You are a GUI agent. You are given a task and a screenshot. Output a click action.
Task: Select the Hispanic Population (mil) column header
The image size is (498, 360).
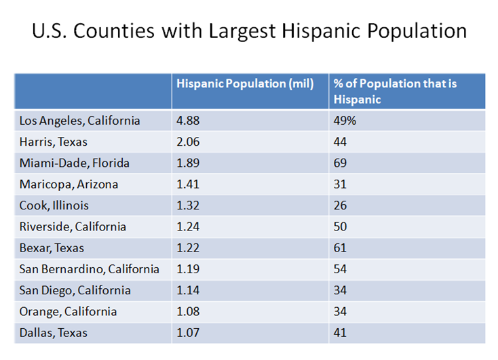coord(245,84)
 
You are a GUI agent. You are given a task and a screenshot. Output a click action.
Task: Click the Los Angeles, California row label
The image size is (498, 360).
coord(79,121)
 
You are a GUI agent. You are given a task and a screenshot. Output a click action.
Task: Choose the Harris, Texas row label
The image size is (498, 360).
coord(54,142)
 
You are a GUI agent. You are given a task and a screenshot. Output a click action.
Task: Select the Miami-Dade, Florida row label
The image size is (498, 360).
coord(75,163)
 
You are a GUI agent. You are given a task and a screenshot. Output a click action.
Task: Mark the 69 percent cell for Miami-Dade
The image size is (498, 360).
coord(340,163)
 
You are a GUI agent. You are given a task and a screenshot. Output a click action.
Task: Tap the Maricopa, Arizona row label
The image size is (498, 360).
coord(69,184)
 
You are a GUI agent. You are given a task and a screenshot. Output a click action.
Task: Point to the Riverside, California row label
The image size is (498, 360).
coord(73,226)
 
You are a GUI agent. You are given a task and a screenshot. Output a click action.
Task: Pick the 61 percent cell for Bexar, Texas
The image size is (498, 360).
coord(340,248)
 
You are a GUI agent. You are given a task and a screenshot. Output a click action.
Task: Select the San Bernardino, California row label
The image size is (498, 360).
coord(90,269)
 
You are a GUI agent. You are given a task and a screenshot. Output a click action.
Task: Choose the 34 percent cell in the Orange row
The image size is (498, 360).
coord(340,312)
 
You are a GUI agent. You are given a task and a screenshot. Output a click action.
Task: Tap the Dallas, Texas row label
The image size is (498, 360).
coord(54,333)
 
